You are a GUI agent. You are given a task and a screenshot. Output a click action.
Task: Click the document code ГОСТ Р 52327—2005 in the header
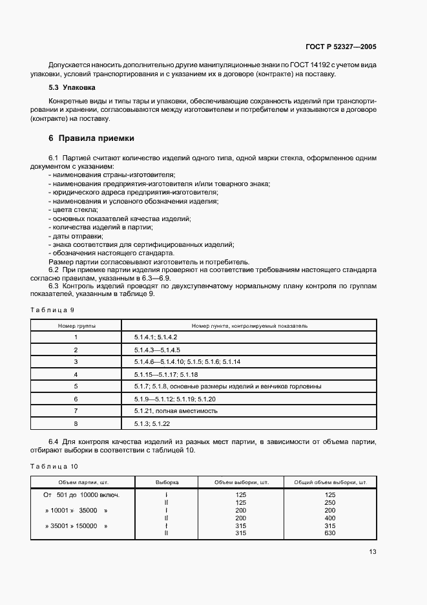(341, 46)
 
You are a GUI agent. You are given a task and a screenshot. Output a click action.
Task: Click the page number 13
(373, 551)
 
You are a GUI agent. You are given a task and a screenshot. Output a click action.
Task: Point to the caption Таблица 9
(53, 310)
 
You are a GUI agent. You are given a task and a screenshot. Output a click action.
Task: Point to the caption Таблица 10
(54, 465)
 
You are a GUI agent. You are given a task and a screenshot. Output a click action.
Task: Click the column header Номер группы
(76, 326)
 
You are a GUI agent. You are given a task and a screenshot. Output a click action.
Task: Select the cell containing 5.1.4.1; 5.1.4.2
(156, 337)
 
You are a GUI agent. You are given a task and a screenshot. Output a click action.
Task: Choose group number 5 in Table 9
(76, 386)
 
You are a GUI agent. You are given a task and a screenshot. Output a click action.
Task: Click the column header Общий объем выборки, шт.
(330, 482)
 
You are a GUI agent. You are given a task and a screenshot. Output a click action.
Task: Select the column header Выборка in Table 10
(167, 482)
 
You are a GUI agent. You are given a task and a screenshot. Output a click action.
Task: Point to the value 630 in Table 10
(331, 533)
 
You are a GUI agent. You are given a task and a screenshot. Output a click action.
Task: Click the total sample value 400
(331, 518)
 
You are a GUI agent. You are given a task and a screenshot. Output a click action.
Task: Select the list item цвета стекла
(73, 209)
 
